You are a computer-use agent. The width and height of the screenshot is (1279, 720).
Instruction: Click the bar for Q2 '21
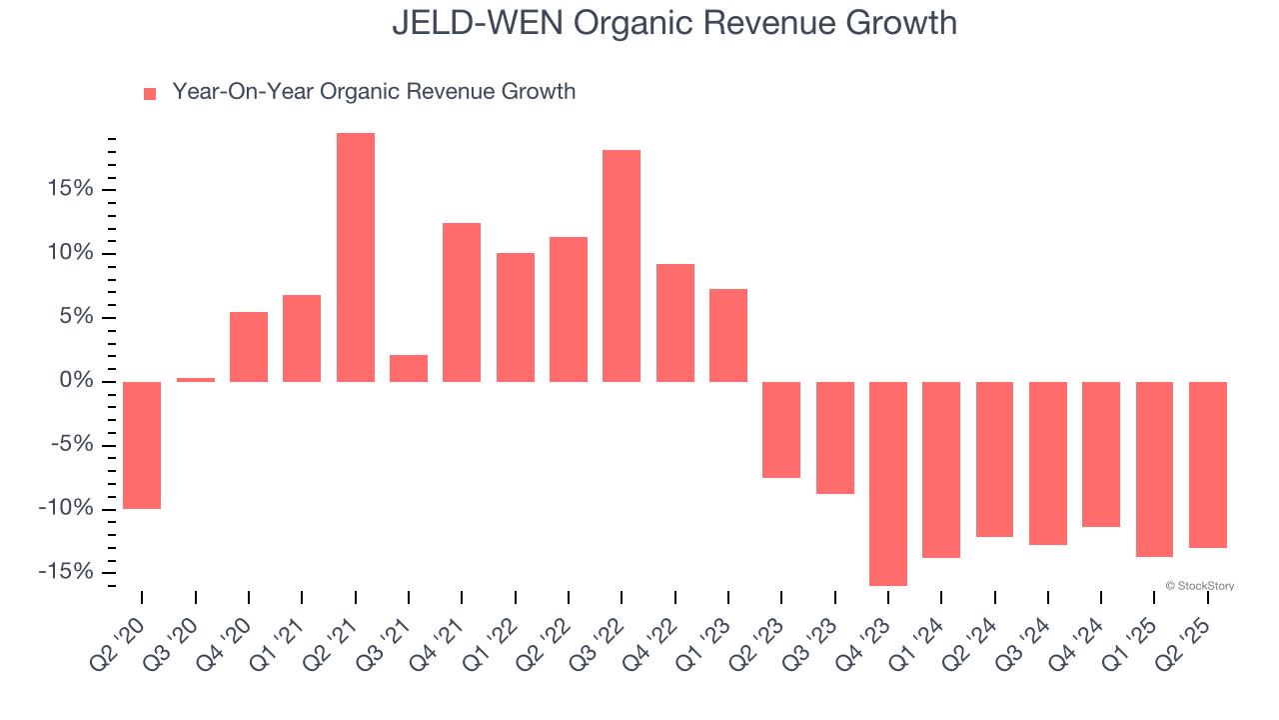(x=356, y=257)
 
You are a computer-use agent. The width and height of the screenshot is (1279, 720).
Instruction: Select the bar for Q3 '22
(x=622, y=266)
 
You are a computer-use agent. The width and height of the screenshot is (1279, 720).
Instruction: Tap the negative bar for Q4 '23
(x=888, y=484)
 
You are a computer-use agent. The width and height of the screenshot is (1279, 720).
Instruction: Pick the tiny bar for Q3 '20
(x=196, y=379)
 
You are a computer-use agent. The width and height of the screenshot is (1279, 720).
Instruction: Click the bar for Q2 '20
(x=142, y=445)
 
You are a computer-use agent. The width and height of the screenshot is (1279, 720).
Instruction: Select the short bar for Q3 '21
(x=409, y=368)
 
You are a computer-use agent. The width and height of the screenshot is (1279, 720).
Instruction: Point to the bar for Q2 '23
(x=781, y=430)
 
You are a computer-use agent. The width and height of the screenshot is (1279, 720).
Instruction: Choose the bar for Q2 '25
(x=1208, y=465)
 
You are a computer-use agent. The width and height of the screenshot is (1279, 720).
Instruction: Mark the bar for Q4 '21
(x=462, y=302)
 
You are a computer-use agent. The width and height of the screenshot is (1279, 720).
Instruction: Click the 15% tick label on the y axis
(x=69, y=190)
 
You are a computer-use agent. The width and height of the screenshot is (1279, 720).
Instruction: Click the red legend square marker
(x=150, y=93)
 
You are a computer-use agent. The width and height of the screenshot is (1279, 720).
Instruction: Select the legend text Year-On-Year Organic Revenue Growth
(x=374, y=92)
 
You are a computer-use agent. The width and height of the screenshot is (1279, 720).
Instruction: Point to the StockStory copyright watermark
(x=1199, y=586)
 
